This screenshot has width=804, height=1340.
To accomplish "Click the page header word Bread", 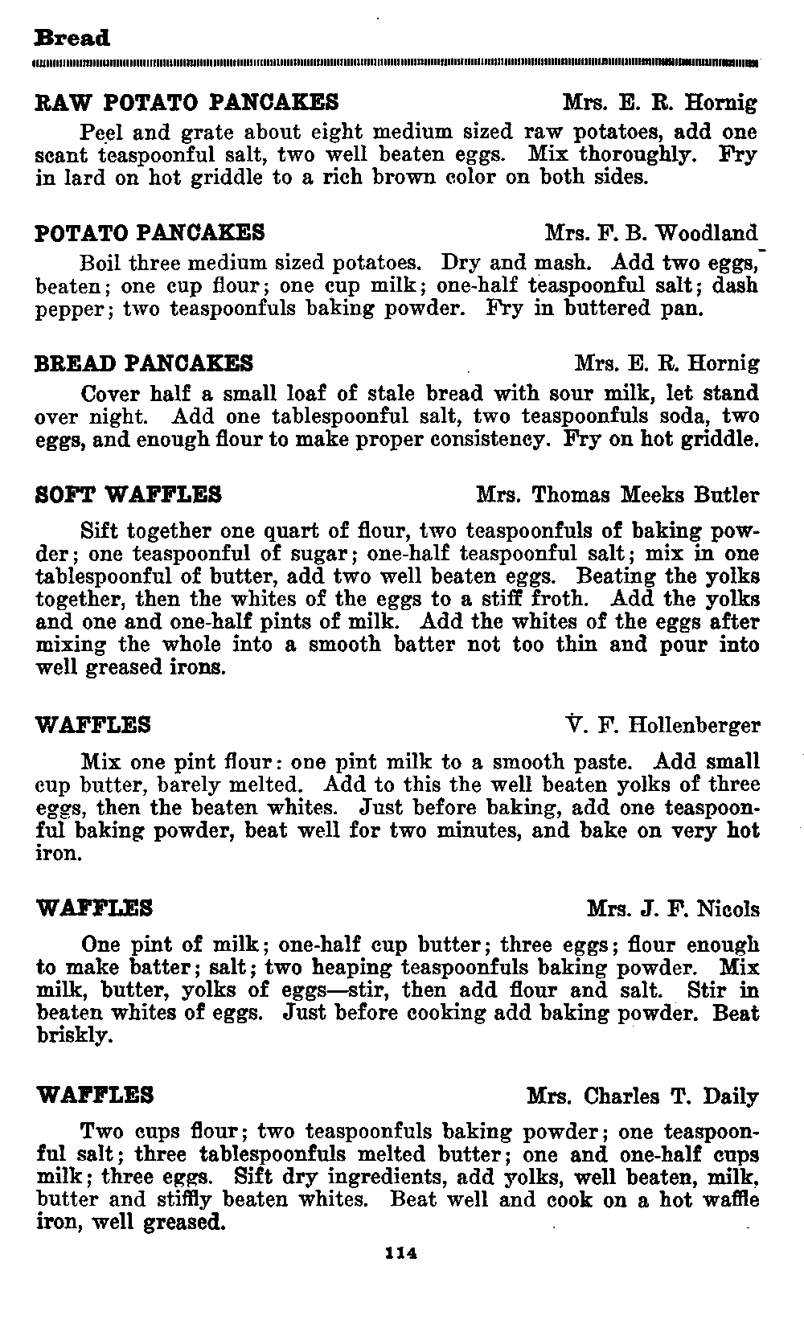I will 72,39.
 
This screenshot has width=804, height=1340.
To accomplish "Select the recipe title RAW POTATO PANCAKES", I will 187,103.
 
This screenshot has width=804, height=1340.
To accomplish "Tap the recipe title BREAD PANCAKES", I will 145,364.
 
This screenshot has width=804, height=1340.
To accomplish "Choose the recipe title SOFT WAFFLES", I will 129,494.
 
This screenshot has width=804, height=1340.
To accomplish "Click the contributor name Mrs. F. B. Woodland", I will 651,234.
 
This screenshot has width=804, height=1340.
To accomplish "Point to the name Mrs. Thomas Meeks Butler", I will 617,494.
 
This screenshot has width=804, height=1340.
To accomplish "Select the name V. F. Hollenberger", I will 663,726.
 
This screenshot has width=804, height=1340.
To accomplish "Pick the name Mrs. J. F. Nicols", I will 673,909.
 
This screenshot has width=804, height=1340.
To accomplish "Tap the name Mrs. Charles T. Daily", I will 642,1096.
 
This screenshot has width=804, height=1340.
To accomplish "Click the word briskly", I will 72,1036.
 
